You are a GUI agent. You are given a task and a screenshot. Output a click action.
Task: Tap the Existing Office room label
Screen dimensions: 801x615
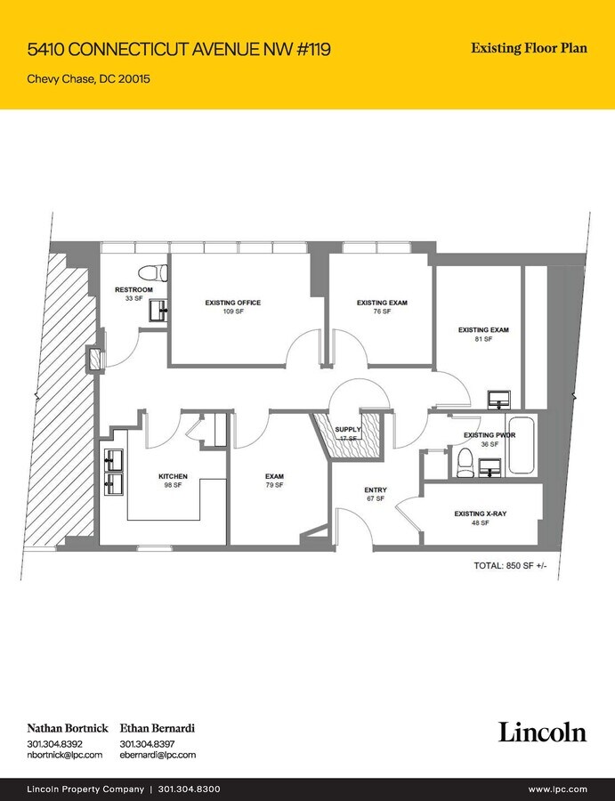(232, 303)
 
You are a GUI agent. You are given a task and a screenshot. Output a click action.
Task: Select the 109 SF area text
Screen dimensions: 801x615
(232, 311)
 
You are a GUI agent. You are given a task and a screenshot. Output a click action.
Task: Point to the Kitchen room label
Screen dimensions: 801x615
(173, 476)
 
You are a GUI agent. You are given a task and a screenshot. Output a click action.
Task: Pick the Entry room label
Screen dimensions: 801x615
(375, 489)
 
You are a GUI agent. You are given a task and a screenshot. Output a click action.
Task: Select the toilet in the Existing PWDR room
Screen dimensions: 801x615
(464, 461)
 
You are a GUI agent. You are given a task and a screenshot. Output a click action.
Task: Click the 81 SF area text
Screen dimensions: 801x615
(482, 339)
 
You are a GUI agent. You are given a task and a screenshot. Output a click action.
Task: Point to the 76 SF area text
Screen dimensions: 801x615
(382, 311)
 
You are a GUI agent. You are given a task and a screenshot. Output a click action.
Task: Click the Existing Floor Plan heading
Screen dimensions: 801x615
(529, 48)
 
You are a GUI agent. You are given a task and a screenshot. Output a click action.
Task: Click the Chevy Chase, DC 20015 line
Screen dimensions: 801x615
(88, 78)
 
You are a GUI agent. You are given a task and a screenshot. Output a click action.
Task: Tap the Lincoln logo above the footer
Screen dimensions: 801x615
(542, 732)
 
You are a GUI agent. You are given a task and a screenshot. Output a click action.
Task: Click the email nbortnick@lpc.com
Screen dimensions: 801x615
(64, 755)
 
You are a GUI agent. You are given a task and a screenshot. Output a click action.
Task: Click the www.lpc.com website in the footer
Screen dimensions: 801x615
(557, 789)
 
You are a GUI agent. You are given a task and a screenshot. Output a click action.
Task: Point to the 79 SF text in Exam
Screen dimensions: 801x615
(274, 485)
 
